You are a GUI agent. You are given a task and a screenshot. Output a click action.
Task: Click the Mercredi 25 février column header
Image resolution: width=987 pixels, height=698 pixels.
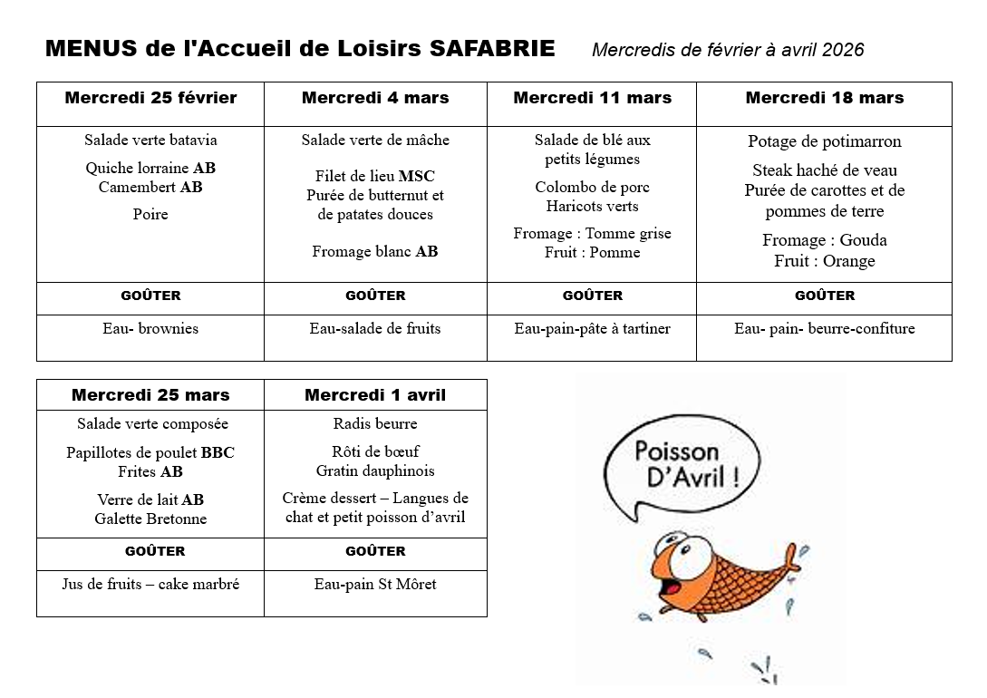(150, 98)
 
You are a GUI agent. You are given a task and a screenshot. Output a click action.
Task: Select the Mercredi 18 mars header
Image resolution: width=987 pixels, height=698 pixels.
(824, 98)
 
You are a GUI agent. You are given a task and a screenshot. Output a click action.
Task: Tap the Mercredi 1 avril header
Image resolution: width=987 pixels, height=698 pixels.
(375, 395)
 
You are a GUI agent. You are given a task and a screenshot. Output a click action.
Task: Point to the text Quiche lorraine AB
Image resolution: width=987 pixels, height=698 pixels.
(150, 168)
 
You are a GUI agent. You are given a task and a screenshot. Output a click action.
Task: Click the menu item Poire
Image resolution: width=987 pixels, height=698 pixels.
(150, 214)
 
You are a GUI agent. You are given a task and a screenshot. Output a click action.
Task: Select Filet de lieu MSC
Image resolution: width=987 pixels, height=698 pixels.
(375, 176)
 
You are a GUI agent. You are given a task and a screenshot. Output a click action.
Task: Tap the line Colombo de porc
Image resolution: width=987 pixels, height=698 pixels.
(592, 187)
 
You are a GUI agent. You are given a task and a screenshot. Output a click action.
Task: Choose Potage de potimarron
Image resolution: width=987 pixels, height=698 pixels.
(824, 141)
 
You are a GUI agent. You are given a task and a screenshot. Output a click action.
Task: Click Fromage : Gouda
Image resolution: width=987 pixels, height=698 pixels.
(824, 240)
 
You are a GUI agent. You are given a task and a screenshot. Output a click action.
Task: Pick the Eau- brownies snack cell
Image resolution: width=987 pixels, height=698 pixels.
(150, 328)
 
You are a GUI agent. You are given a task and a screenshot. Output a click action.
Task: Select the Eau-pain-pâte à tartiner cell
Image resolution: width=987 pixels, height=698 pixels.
(592, 328)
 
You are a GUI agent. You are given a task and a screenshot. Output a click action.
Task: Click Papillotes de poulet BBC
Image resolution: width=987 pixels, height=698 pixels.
(150, 452)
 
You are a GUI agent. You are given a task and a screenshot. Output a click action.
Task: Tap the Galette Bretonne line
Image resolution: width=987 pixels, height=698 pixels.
(150, 519)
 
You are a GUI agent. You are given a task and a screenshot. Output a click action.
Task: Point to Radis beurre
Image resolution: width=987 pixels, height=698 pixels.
(375, 423)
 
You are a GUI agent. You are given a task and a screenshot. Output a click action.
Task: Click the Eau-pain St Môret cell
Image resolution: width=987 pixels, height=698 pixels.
(375, 584)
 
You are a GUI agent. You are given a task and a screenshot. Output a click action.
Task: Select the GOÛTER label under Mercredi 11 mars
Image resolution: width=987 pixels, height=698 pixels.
(592, 296)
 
